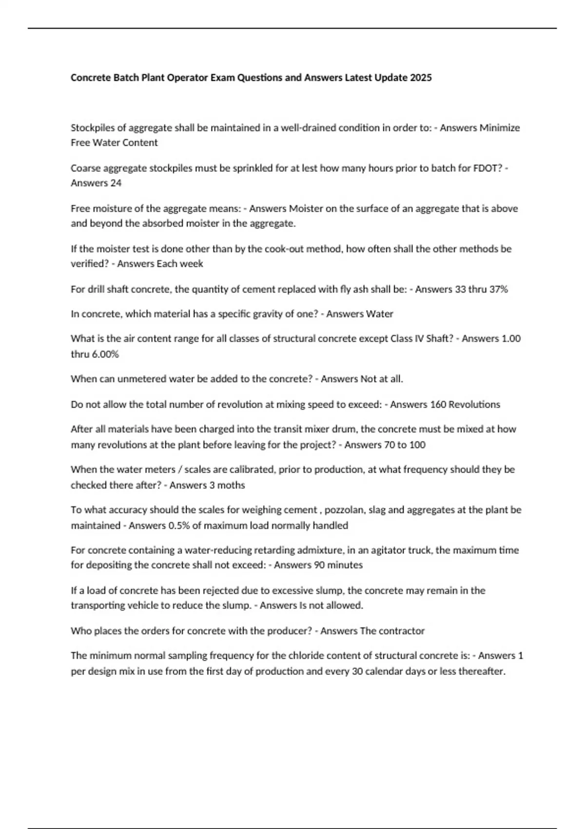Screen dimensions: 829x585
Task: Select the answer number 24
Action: (116, 183)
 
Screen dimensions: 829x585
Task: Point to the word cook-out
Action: (284, 249)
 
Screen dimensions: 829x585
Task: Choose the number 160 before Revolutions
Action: (437, 404)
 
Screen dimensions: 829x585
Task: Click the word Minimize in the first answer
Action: (500, 128)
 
